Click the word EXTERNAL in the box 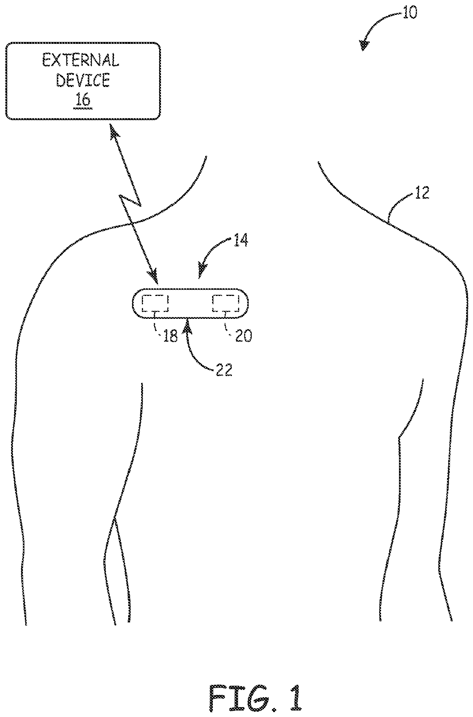tap(80, 60)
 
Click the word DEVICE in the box tap(83, 80)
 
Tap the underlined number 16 tap(83, 100)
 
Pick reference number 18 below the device tap(170, 336)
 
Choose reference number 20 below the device tap(243, 336)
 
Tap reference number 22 tap(224, 370)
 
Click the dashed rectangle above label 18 tap(155, 303)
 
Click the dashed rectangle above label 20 tap(225, 303)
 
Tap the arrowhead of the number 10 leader tap(365, 45)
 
